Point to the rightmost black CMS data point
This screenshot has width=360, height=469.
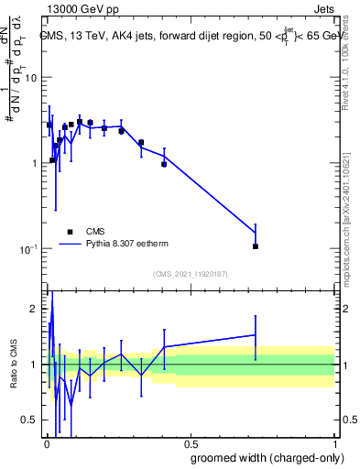256,246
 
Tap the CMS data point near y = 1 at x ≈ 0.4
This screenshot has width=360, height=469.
164,164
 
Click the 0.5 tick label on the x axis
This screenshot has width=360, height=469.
191,443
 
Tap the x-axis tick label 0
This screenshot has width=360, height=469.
47,443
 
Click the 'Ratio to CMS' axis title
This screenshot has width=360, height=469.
13,364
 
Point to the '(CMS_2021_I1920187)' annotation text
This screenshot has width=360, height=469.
191,274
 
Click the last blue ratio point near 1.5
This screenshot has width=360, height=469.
256,335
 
